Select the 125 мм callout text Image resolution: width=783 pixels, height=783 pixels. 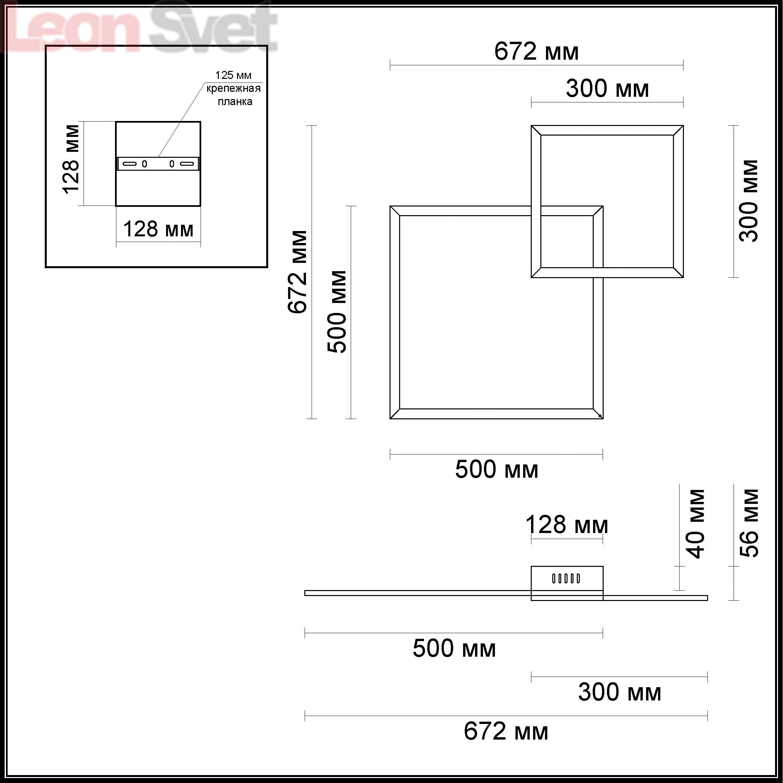(233, 75)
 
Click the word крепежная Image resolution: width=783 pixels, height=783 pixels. (233, 89)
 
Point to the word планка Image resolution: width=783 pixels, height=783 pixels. (235, 101)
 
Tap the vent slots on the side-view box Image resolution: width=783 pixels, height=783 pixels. (566, 578)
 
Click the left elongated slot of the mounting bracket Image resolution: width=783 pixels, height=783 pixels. (130, 164)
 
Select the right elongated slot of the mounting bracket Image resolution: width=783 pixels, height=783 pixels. (187, 164)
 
